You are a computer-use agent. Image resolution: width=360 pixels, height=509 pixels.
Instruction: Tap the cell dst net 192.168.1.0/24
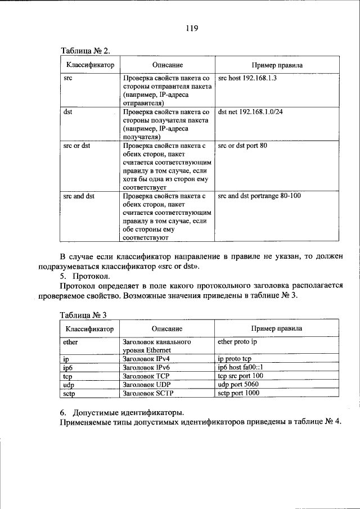pos(250,112)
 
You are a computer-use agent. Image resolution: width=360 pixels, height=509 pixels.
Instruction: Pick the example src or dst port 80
pos(242,146)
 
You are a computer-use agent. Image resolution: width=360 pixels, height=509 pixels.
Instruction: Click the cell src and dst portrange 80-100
pos(259,196)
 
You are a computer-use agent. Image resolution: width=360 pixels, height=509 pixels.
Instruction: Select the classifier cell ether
pos(71,341)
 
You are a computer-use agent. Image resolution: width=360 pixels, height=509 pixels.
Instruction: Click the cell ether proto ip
pos(237,341)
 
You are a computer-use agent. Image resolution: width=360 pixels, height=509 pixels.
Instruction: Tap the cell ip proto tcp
pos(234,358)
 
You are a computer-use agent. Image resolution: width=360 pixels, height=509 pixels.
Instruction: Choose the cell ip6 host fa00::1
pos(240,367)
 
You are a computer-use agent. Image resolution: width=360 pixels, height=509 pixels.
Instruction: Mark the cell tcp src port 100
pos(240,375)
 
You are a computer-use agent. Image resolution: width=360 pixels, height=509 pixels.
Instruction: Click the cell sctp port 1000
pos(238,393)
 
